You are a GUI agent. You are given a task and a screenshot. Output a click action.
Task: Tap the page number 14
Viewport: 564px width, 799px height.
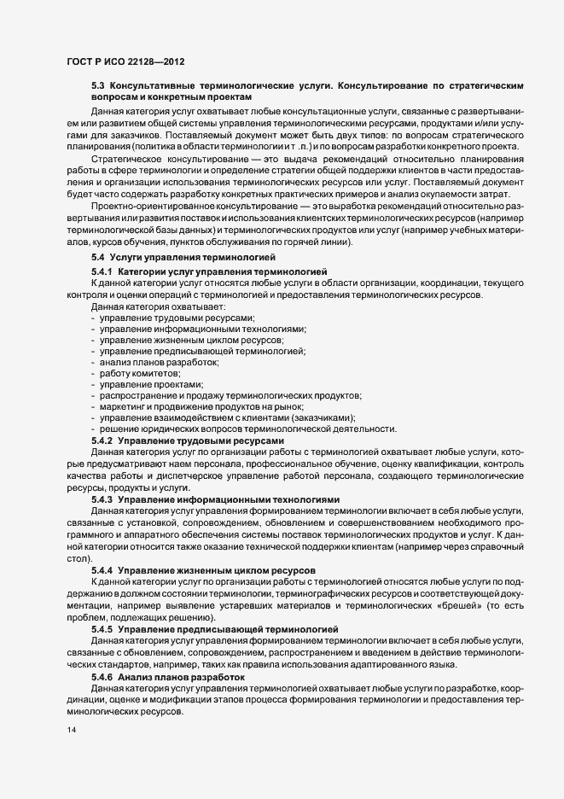[72, 732]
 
